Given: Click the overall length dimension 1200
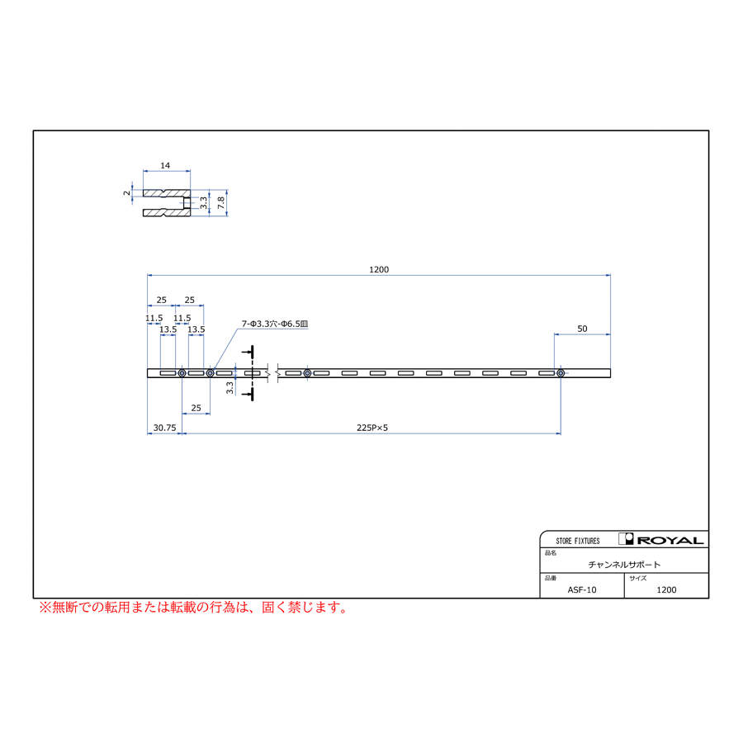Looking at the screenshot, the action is click(x=379, y=270).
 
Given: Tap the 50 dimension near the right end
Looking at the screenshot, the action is click(x=582, y=329).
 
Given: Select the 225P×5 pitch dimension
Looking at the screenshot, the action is click(x=372, y=428).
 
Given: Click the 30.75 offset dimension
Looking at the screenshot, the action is click(x=164, y=428).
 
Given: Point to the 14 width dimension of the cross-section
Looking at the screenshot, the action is click(x=165, y=166).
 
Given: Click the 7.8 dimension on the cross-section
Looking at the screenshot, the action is click(x=220, y=203).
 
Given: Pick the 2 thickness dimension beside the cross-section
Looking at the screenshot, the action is click(x=126, y=193).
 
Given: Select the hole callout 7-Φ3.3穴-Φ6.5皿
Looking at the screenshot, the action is click(x=275, y=324).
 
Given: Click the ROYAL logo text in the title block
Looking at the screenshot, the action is click(x=670, y=541).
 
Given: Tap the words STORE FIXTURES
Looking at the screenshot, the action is click(x=578, y=541).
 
